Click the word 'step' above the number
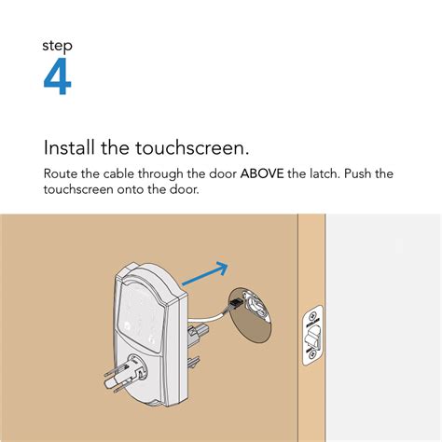(57, 46)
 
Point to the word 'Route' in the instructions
(62, 173)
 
